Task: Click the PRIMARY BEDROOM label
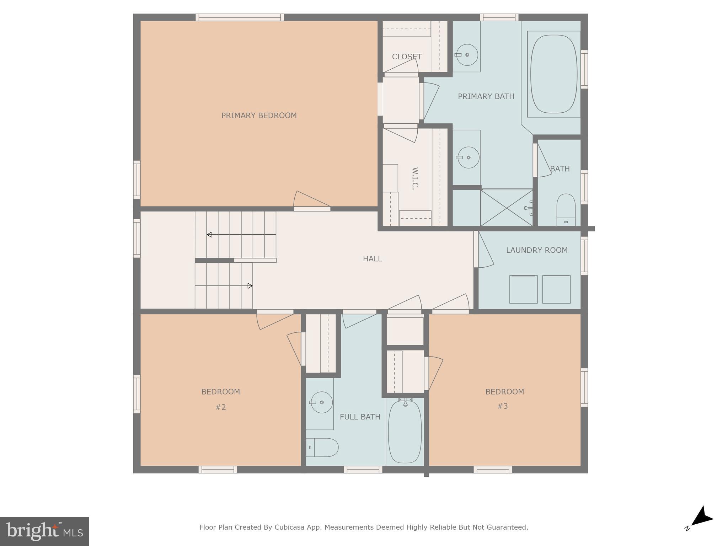pyautogui.click(x=259, y=116)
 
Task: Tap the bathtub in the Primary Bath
pyautogui.click(x=553, y=74)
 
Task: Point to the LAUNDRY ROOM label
pyautogui.click(x=537, y=250)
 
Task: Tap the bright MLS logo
pyautogui.click(x=44, y=531)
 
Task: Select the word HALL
pyautogui.click(x=372, y=259)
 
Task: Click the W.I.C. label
pyautogui.click(x=415, y=178)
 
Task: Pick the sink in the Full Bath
pyautogui.click(x=321, y=402)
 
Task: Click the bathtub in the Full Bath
pyautogui.click(x=405, y=432)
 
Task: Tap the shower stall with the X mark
pyautogui.click(x=506, y=208)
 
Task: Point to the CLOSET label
pyautogui.click(x=407, y=57)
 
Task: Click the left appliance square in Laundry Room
pyautogui.click(x=523, y=289)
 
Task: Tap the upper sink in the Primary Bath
pyautogui.click(x=467, y=55)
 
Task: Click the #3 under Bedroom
pyautogui.click(x=502, y=406)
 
